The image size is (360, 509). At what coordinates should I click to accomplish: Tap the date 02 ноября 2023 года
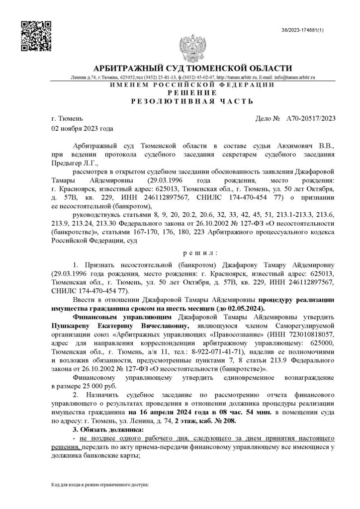[83, 128]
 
